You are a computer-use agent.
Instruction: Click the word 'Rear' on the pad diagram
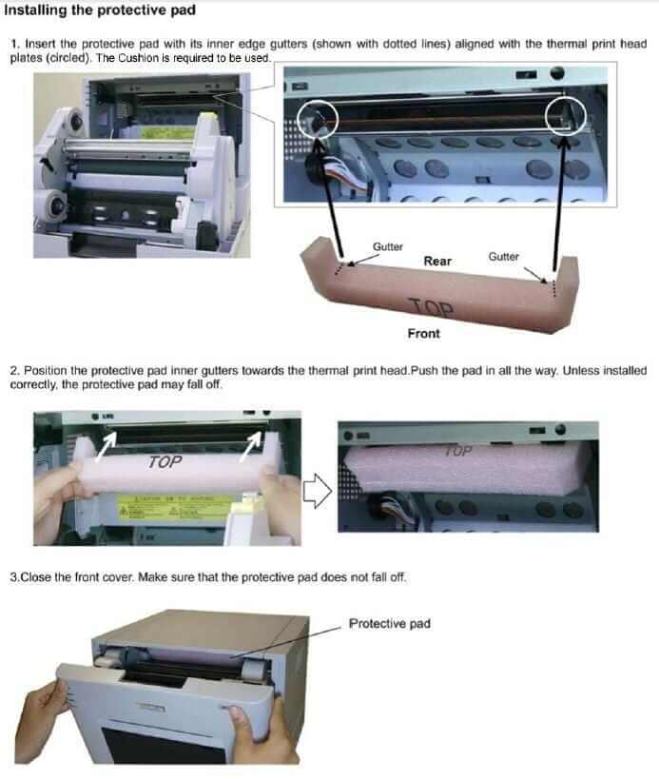click(437, 261)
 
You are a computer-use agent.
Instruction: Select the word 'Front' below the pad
click(423, 333)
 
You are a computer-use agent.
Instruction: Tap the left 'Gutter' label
click(387, 246)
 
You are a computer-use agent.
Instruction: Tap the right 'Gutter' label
click(503, 257)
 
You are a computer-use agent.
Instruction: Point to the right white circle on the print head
click(568, 114)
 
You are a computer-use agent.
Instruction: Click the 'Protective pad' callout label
click(389, 624)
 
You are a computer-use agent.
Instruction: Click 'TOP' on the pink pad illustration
click(431, 308)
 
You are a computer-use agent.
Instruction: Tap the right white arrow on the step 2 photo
click(254, 440)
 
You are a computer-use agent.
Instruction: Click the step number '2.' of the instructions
click(14, 369)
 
